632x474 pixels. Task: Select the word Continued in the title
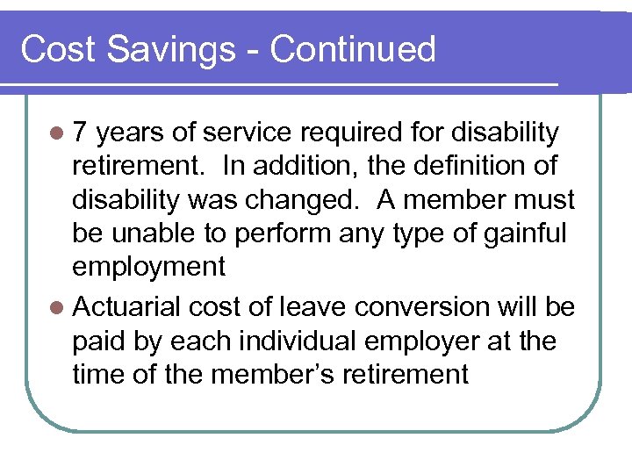coord(353,49)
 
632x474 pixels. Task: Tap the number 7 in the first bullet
coord(81,133)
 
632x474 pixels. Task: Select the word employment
coord(149,266)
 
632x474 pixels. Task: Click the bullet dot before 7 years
coord(57,133)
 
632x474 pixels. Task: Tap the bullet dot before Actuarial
coord(57,308)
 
